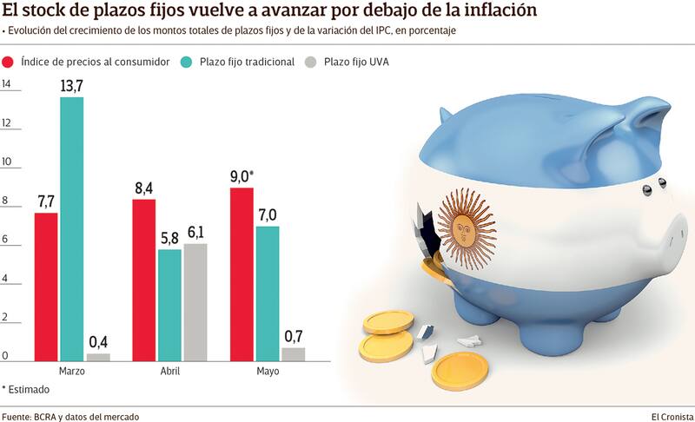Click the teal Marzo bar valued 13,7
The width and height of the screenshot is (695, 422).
(x=72, y=228)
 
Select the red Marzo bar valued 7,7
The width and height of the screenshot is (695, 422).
(x=46, y=287)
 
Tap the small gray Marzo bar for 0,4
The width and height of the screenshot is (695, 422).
(x=99, y=356)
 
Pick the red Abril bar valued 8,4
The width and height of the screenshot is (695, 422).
(x=144, y=280)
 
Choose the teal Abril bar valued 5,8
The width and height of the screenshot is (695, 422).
(x=170, y=305)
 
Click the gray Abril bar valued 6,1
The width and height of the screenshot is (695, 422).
(x=195, y=302)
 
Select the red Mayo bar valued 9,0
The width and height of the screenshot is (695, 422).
(x=242, y=274)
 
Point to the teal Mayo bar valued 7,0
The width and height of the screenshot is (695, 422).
(x=268, y=293)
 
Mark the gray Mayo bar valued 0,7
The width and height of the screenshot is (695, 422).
(x=294, y=353)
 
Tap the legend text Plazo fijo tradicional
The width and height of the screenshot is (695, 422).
(x=247, y=63)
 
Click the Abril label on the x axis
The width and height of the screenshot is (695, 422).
(x=170, y=371)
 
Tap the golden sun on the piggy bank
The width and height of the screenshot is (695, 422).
(x=467, y=228)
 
